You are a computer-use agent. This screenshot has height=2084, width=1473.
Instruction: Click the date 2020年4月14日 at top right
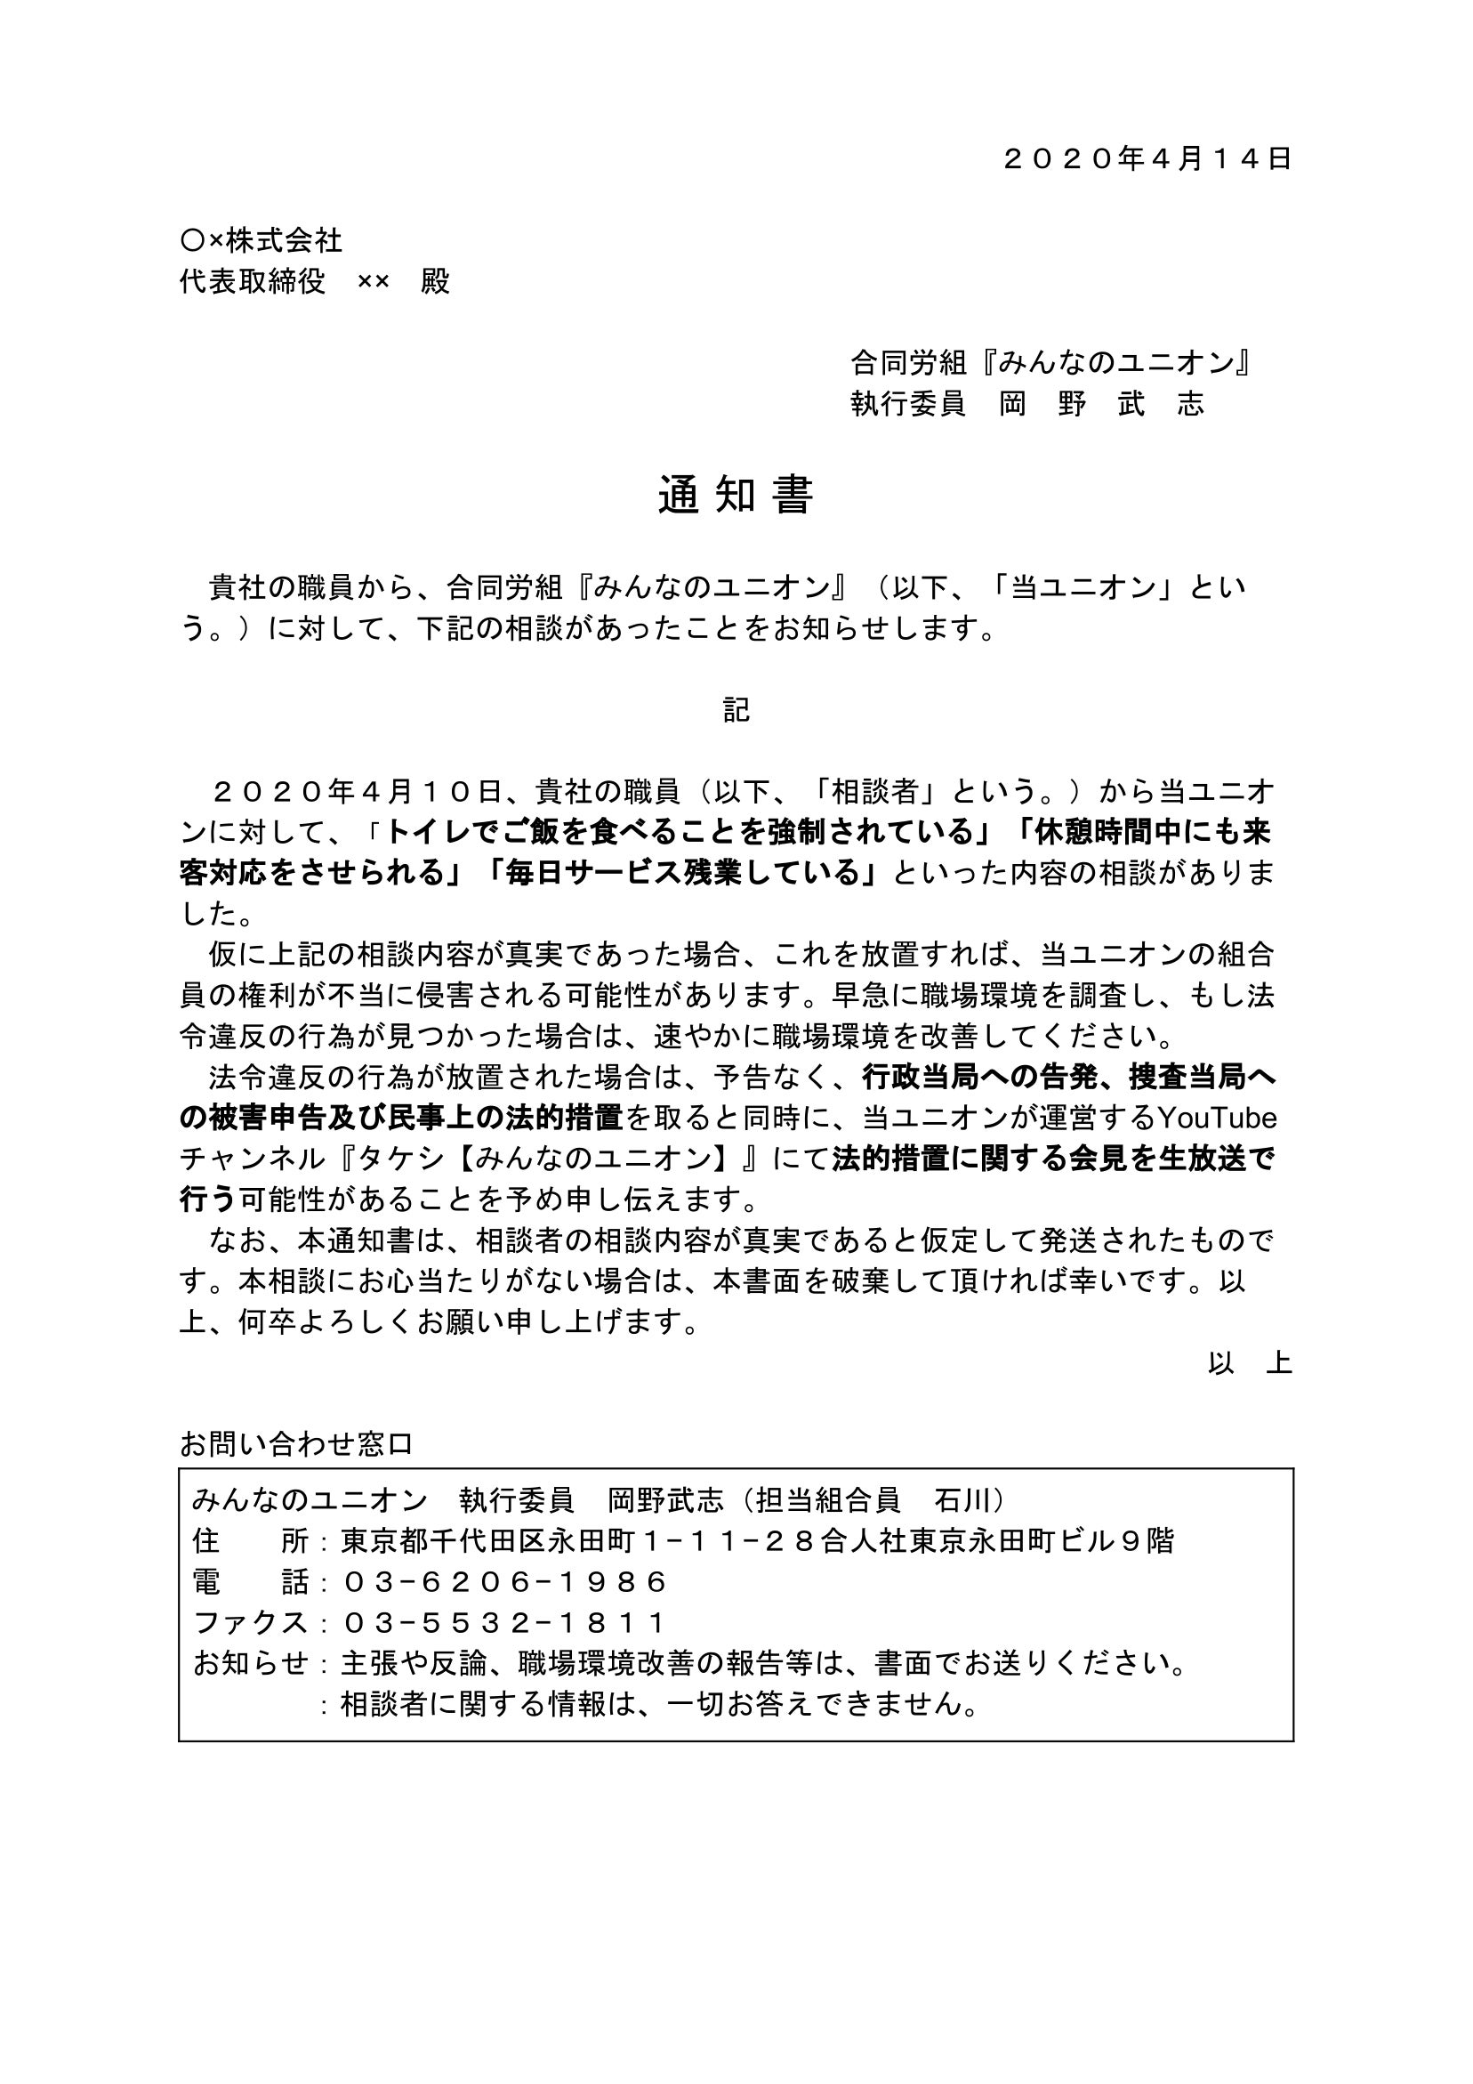tap(1147, 159)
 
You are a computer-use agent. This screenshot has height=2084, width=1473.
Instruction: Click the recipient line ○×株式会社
tap(262, 240)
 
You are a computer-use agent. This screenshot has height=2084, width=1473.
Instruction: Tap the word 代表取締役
tap(253, 281)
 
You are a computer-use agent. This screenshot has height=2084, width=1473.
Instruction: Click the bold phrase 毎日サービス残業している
tap(687, 872)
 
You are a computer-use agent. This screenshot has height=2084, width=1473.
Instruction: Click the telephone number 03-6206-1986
tap(504, 1582)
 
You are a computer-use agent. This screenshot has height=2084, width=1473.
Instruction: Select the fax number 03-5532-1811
tap(504, 1623)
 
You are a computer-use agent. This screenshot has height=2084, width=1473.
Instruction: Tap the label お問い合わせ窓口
tap(296, 1443)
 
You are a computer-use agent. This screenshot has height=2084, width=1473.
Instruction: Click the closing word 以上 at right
tap(1250, 1362)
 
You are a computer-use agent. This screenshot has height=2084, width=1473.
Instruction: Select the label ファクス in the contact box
tap(252, 1623)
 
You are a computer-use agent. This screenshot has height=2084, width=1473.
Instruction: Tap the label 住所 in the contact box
tap(252, 1541)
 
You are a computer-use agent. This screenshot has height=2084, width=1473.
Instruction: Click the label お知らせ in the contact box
tap(252, 1664)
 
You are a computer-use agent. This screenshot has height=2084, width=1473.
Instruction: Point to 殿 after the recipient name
tap(436, 281)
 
